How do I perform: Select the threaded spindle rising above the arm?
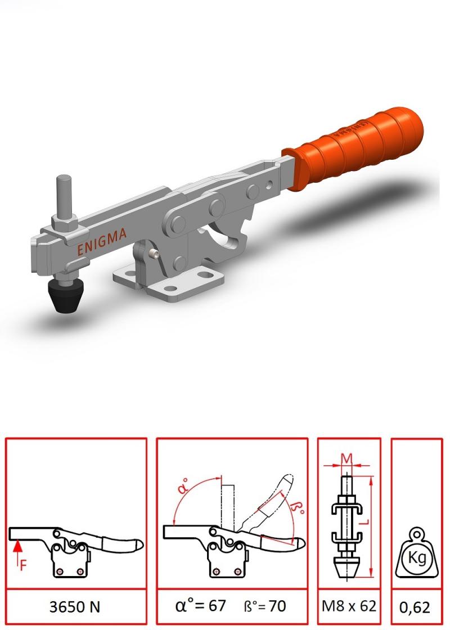[64, 191]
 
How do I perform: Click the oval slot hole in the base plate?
[210, 275]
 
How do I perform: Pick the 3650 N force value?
[75, 606]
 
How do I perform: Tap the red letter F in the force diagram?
[23, 565]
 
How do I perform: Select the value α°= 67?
[200, 606]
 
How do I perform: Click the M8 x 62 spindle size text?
[349, 606]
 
